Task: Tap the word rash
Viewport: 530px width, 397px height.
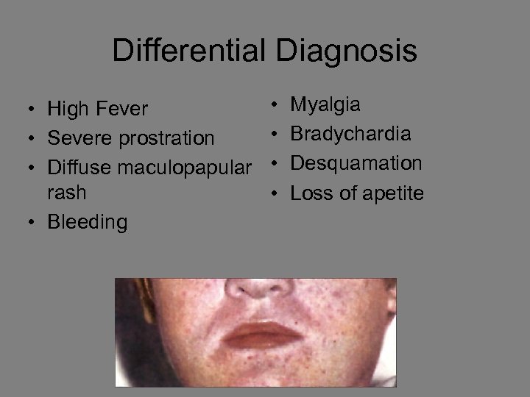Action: click(x=67, y=193)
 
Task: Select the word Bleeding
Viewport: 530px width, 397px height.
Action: click(x=88, y=222)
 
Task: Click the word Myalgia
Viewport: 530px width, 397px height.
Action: click(x=325, y=105)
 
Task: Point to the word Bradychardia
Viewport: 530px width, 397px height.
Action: click(x=351, y=134)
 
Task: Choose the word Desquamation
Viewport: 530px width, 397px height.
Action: click(x=356, y=163)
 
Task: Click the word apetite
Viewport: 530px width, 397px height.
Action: click(x=392, y=193)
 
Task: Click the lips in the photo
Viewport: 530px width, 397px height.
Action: click(x=264, y=335)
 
